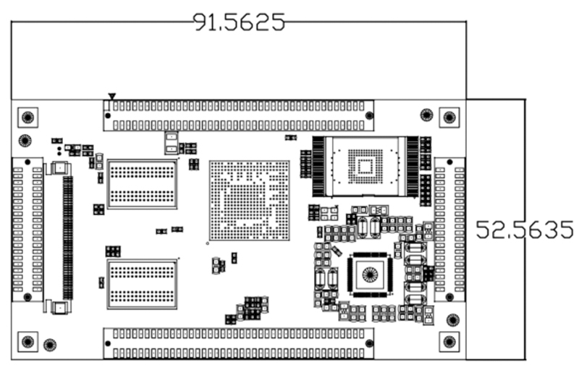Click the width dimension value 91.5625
tap(239, 22)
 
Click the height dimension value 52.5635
tap(525, 230)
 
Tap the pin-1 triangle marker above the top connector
tap(111, 96)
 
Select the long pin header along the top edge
tap(239, 115)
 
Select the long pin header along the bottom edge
tap(239, 343)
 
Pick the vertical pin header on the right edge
tap(449, 229)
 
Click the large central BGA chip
tap(249, 201)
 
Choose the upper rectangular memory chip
tap(142, 184)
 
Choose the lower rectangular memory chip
tap(142, 284)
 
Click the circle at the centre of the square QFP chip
tap(370, 275)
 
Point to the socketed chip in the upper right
tap(365, 166)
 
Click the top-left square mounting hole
tap(28, 117)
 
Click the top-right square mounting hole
tap(449, 117)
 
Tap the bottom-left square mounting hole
tap(28, 342)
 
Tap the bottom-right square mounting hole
tap(449, 342)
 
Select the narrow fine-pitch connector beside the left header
tap(67, 236)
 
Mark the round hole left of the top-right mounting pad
tap(426, 114)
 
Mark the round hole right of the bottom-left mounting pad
tap(49, 345)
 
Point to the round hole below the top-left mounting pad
tap(25, 140)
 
